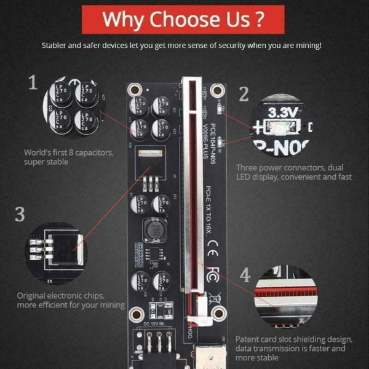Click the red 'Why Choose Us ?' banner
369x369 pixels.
point(184,18)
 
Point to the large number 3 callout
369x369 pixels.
point(20,214)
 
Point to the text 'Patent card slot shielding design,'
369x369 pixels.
point(294,339)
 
